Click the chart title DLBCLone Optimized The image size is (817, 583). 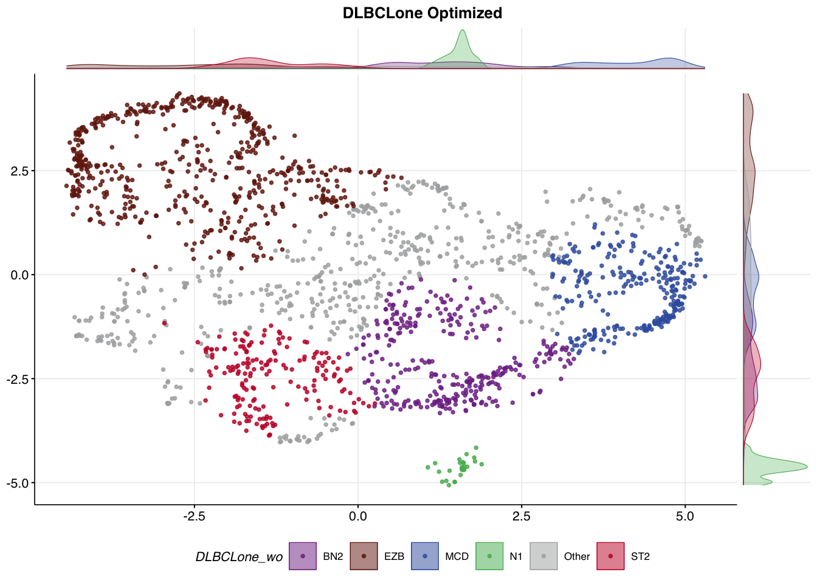pos(422,13)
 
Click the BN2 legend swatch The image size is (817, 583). pos(303,556)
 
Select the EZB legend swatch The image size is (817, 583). pos(364,556)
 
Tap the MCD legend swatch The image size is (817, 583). pos(425,556)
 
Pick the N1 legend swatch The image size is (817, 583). pos(489,556)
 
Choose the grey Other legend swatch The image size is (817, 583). pos(543,556)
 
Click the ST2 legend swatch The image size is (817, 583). pos(610,556)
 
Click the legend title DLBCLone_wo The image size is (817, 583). pos(239,557)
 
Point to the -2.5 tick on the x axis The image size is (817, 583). pos(195,516)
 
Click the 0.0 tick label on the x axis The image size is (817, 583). pos(358,516)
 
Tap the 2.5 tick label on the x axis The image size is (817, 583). pos(522,516)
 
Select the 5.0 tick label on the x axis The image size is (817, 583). pos(685,516)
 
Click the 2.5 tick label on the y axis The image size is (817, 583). pos(19,171)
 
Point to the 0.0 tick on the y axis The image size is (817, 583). pos(19,275)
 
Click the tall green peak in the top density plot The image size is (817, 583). pos(463,36)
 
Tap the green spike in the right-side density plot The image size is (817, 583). pos(790,466)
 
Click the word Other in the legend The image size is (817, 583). pos(577,556)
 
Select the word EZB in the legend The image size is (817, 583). pos(394,556)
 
